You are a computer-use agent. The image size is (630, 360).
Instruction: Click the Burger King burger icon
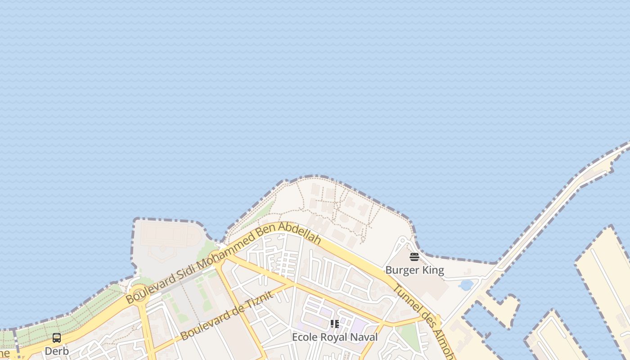coord(414,257)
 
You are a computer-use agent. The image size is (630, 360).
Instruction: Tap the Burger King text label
coord(414,270)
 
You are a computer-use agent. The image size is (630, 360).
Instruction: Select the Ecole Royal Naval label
coord(335,337)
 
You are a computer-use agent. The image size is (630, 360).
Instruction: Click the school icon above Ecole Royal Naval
coord(335,324)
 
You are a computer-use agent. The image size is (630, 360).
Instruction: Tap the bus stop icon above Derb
coord(57,338)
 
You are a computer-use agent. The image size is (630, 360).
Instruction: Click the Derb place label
coord(57,351)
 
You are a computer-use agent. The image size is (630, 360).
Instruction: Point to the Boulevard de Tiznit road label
coord(227,316)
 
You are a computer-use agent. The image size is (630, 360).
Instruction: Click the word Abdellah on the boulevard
coord(302,233)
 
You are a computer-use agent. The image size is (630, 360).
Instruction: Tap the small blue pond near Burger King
coord(466,285)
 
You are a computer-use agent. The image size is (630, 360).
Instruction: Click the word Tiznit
coord(259,300)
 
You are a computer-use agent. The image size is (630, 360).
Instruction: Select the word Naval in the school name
coord(364,337)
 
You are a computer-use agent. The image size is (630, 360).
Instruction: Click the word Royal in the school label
coord(333,337)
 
